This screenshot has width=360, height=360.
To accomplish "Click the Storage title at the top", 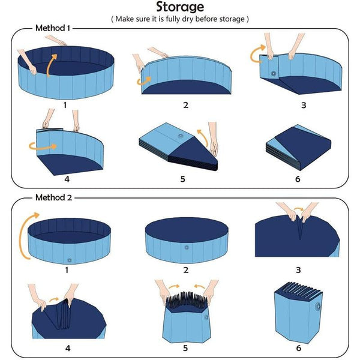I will pyautogui.click(x=180, y=7).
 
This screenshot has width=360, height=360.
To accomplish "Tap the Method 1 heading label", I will pyautogui.click(x=53, y=28).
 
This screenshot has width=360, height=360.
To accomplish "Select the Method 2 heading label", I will pyautogui.click(x=53, y=197).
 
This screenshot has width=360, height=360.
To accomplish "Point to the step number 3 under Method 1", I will pyautogui.click(x=303, y=105).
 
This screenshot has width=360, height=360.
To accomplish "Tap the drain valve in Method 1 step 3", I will pyautogui.click(x=274, y=74).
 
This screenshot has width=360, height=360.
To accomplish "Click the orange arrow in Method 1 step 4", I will pyautogui.click(x=43, y=145).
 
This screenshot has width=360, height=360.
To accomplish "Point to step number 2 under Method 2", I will pyautogui.click(x=185, y=270).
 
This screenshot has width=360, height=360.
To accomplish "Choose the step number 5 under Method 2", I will pyautogui.click(x=185, y=347).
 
